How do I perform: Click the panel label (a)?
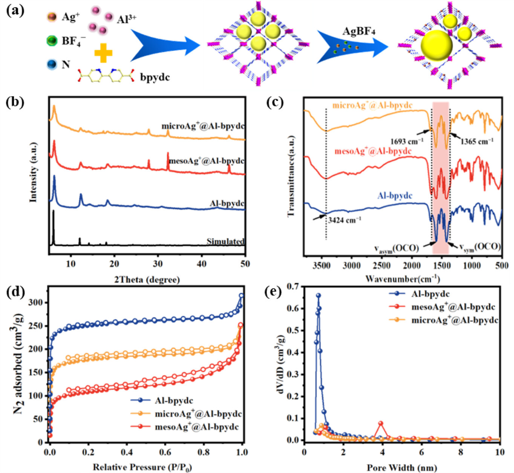tap(15, 10)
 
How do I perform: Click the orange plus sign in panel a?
tap(103, 53)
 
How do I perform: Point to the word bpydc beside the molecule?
tap(155, 77)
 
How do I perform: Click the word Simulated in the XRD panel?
tap(225, 241)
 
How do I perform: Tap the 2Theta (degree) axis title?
tap(147, 279)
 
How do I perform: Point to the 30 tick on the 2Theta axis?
tap(158, 264)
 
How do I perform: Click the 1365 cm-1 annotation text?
tap(477, 141)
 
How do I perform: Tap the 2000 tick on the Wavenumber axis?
tap(412, 265)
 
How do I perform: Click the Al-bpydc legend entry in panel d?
tap(174, 400)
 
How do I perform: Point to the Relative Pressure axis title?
tap(142, 467)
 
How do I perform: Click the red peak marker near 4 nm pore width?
tap(381, 424)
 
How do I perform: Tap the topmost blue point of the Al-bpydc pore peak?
tap(318, 295)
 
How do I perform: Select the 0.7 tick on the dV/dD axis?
tap(292, 287)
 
